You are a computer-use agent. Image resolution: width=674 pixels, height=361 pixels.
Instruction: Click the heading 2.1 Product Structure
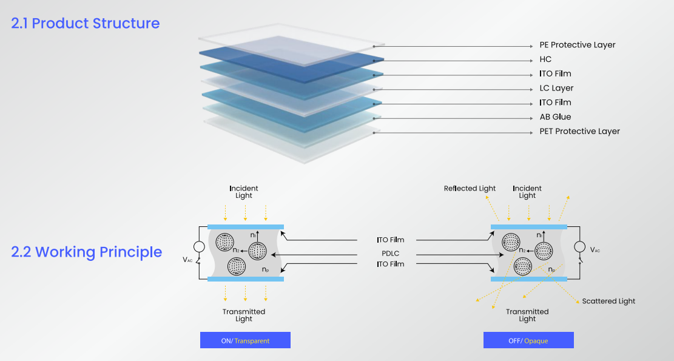(x=86, y=24)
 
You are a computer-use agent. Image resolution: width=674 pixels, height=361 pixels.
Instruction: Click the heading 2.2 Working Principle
(x=87, y=252)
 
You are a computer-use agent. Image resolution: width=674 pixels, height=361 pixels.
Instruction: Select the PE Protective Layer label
(x=577, y=45)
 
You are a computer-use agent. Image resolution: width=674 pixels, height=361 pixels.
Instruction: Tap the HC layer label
(x=545, y=59)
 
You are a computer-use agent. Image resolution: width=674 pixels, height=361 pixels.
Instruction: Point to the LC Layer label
(x=556, y=88)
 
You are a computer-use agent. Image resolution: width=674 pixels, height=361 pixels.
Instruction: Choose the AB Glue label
(x=555, y=117)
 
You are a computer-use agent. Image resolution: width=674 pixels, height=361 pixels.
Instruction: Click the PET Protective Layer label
(x=579, y=132)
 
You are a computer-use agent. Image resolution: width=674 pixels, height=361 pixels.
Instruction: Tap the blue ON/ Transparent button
(x=245, y=340)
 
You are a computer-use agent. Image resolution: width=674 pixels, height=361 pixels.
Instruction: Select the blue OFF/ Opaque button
(x=528, y=340)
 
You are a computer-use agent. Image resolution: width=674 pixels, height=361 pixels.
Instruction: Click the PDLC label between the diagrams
(x=390, y=252)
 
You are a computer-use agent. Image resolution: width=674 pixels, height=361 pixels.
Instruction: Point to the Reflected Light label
(x=470, y=189)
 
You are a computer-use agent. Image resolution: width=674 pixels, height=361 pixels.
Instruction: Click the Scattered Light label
(x=608, y=301)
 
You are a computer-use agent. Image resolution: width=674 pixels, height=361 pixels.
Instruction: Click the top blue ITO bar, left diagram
(x=245, y=226)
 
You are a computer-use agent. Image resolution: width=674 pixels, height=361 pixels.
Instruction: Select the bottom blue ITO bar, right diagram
(x=528, y=278)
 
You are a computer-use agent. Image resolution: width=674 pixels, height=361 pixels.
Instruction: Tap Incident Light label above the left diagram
(x=244, y=192)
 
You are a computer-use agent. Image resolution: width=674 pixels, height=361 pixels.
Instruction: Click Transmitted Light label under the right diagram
(x=527, y=315)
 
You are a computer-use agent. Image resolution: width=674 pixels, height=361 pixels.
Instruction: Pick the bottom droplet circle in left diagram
(x=237, y=266)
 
